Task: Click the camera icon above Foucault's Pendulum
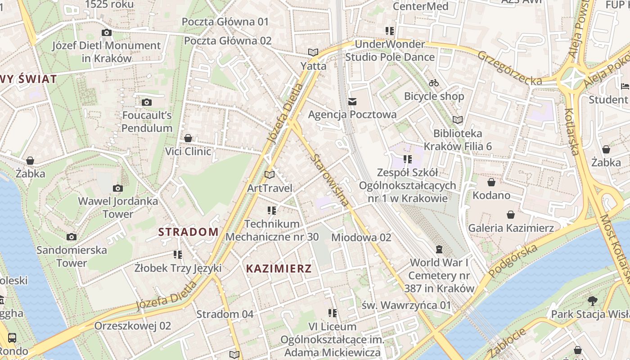(x=147, y=103)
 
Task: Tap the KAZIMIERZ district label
(x=279, y=269)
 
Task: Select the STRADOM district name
(x=189, y=232)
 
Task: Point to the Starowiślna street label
(x=329, y=180)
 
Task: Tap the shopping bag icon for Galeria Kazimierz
(x=511, y=215)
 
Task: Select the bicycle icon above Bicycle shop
(x=434, y=83)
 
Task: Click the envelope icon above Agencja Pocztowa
(x=352, y=102)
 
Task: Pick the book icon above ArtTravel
(x=270, y=175)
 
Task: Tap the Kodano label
(x=491, y=195)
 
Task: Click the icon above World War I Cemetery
(x=439, y=249)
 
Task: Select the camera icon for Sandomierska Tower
(x=72, y=237)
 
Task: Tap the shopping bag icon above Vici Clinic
(x=188, y=138)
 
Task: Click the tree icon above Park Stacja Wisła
(x=592, y=301)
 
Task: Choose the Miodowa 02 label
(x=361, y=237)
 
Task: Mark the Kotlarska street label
(x=571, y=131)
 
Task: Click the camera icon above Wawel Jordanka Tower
(x=118, y=188)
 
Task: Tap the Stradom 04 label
(x=225, y=314)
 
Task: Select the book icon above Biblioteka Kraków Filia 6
(x=458, y=120)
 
